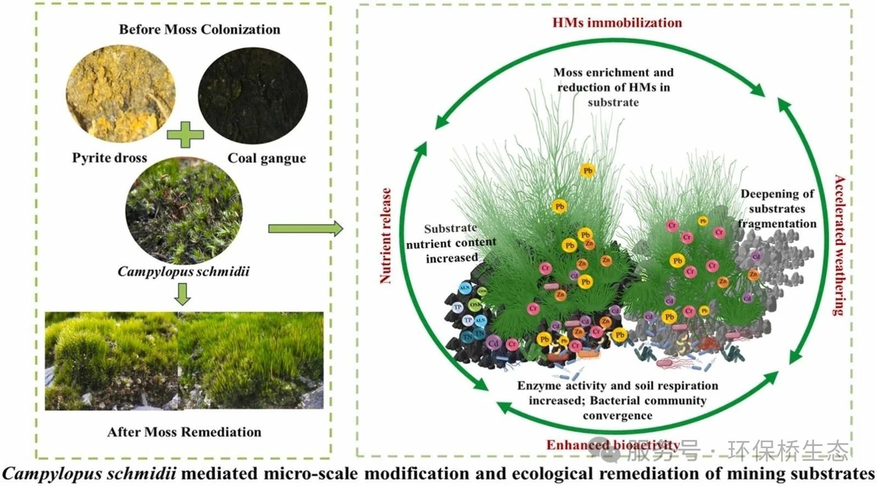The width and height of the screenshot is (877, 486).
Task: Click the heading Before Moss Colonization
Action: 199,30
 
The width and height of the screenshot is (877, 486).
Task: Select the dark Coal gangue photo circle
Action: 252,95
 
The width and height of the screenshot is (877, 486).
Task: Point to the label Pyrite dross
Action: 110,158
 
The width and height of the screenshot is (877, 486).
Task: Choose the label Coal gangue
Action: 267,158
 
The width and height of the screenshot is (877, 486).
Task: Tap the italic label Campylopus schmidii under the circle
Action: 183,272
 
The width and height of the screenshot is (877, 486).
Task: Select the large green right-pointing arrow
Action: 305,228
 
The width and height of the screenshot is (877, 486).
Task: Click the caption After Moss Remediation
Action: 184,432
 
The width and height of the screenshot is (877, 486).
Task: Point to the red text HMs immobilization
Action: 617,23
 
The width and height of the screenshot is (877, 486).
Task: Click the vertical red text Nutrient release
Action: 386,236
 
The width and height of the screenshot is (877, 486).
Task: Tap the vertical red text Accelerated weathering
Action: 839,245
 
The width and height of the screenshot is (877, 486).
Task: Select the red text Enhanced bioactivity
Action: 612,445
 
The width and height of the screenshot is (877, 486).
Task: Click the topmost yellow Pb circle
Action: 587,171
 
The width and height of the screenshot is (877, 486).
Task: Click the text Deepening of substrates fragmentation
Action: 777,209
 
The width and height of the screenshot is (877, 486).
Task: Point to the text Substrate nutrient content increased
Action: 451,243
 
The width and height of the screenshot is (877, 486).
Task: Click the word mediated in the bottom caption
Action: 219,473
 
